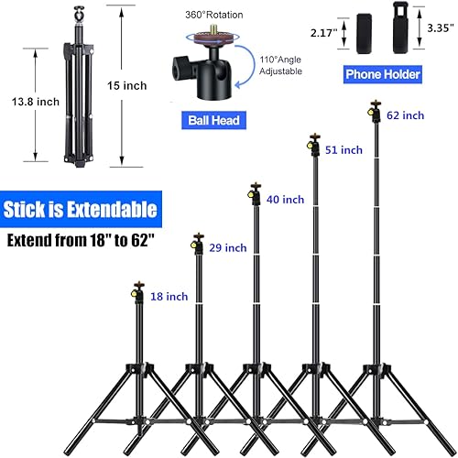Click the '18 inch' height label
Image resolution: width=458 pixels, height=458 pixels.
pos(169,296)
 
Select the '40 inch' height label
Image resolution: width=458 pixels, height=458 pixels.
pos(285,199)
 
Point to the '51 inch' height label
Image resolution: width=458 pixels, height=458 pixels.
pos(344,149)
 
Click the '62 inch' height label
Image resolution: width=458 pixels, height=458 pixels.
pos(405,115)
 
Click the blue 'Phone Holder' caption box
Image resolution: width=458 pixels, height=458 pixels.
pos(382,74)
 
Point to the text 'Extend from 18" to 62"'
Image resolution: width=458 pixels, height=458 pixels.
pos(82,243)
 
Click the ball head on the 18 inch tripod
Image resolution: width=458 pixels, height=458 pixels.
pos(138,293)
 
